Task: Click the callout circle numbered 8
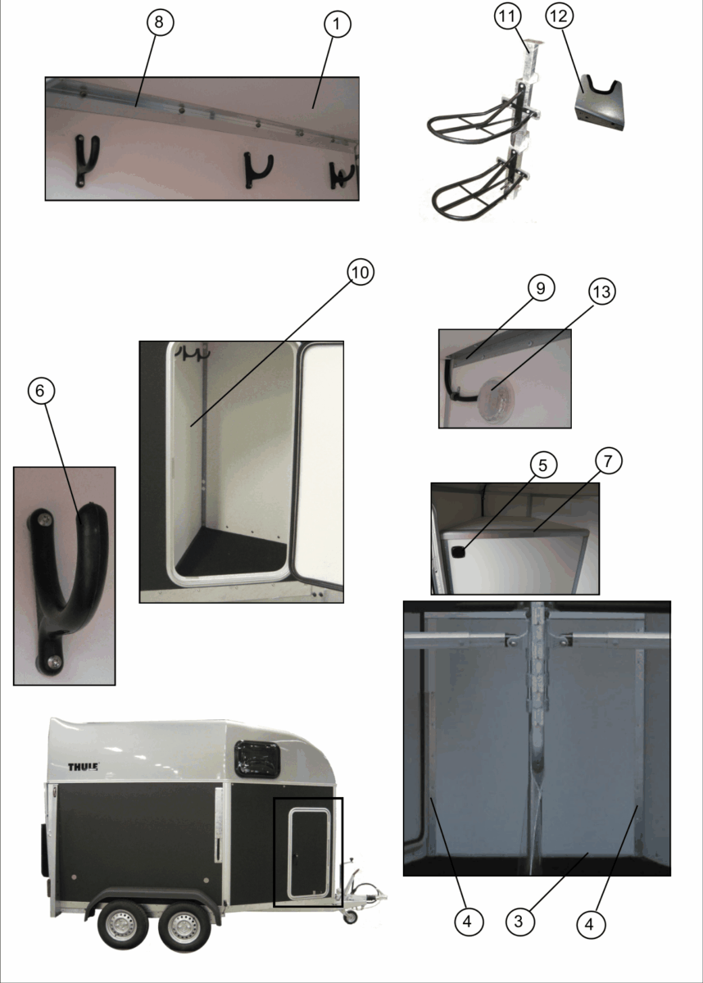pos(160,22)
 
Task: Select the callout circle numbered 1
pos(338,24)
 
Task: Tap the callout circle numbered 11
pos(508,16)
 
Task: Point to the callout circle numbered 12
pos(559,16)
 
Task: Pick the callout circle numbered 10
pos(361,272)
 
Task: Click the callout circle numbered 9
pos(541,288)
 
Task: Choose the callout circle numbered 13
pos(601,292)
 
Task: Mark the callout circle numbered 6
pos(41,391)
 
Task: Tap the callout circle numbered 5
pos(543,465)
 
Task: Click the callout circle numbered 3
pos(520,922)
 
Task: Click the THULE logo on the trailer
pos(83,767)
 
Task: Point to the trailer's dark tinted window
pos(256,759)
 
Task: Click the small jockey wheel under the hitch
pos(350,917)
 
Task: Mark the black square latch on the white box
pos(458,552)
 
